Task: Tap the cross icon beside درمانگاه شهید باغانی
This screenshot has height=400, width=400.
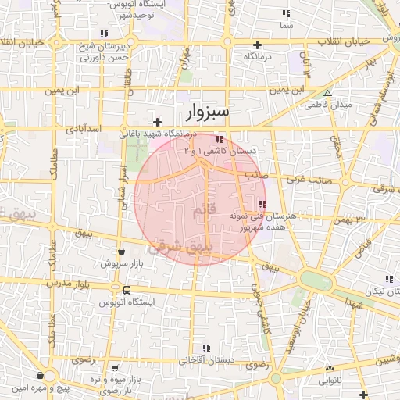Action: (158, 122)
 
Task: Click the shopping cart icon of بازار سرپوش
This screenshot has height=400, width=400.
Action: (122, 252)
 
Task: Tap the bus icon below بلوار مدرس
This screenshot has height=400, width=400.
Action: (127, 290)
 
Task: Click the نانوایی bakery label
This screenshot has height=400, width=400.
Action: (328, 381)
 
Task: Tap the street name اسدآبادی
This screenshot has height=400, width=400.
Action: (81, 127)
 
